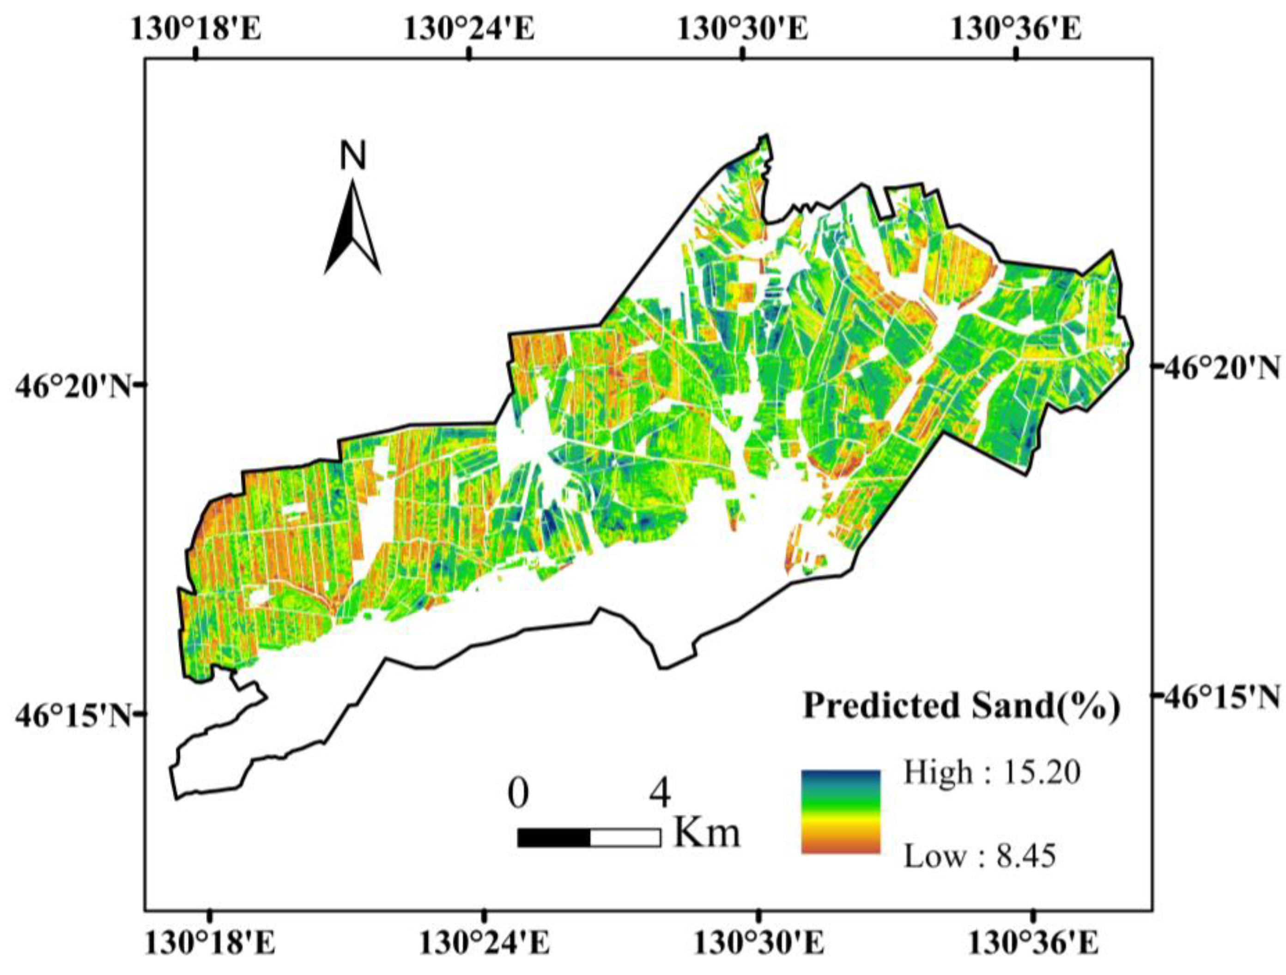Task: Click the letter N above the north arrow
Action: pos(353,156)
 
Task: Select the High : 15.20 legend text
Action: pos(992,773)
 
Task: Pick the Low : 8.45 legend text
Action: pos(980,856)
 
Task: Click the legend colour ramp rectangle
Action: pos(841,812)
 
